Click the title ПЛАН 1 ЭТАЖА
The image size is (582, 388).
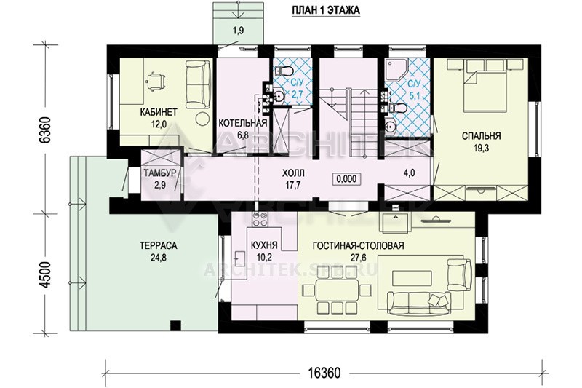coord(325,10)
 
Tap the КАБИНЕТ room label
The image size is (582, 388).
coord(159,112)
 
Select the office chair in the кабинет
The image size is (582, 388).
coord(156,80)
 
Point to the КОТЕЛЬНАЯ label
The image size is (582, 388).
coord(243,123)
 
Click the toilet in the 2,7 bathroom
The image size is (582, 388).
coord(284,70)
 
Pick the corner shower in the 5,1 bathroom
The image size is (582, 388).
coord(396,70)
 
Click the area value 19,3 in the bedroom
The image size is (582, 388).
coord(481,149)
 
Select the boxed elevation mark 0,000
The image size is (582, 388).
coord(346,179)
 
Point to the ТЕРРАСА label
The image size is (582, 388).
coord(159,245)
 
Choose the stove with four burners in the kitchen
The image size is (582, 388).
coord(260,219)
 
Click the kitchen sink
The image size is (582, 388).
coord(239,256)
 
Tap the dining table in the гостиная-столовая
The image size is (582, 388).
coord(337,290)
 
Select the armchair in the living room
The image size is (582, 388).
coord(460,275)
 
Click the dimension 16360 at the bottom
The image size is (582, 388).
coord(323,373)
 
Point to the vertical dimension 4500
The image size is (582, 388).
coord(45,274)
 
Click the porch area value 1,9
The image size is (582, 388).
coord(238,31)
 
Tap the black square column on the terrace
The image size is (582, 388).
coord(175,325)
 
